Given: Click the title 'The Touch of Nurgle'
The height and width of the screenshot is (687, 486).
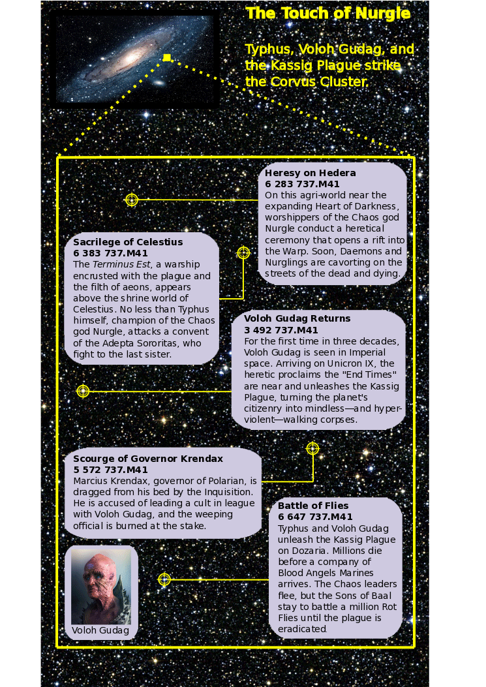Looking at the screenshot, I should [328, 14].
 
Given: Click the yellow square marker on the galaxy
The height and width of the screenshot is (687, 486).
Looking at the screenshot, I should [167, 58].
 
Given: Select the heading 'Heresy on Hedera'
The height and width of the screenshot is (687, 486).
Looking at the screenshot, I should [311, 173].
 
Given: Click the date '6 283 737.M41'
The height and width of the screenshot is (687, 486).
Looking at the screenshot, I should [302, 184].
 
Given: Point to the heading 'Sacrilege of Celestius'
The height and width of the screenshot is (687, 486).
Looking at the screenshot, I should [128, 242].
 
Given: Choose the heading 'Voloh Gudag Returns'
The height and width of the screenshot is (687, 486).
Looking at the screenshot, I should [297, 318].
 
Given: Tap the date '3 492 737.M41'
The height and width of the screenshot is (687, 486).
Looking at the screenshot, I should [281, 329].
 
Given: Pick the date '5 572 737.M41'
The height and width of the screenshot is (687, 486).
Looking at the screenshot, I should [110, 470].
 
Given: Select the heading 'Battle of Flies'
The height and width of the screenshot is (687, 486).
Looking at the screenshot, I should [313, 506].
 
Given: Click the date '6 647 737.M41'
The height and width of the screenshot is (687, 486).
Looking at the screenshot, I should [315, 517].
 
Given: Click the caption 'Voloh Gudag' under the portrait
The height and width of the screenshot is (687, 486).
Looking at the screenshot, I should [100, 630].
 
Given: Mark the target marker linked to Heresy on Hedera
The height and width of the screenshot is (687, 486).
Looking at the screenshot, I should [132, 200].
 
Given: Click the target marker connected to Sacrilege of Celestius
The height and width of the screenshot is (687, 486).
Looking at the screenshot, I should [243, 252].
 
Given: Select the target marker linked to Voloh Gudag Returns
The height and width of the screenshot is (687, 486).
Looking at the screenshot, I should [83, 391].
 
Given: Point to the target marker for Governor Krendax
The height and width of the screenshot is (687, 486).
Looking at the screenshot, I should [312, 448].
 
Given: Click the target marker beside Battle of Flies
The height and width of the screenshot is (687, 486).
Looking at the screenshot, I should [164, 579].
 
